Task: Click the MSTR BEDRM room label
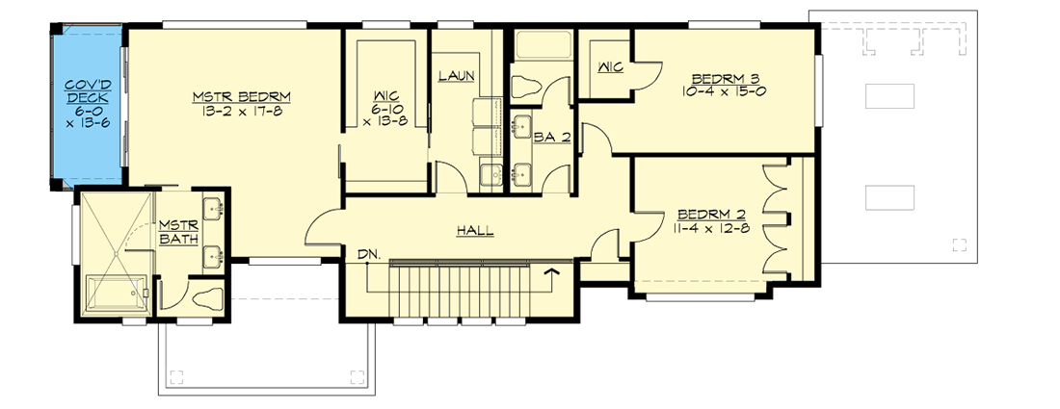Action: click(x=241, y=96)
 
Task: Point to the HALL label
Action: click(x=475, y=231)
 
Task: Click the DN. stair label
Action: click(x=367, y=254)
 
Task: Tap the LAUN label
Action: click(x=457, y=76)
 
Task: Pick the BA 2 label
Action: click(x=552, y=138)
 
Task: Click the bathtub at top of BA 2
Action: click(x=543, y=45)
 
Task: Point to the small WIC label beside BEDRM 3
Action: click(x=609, y=67)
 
